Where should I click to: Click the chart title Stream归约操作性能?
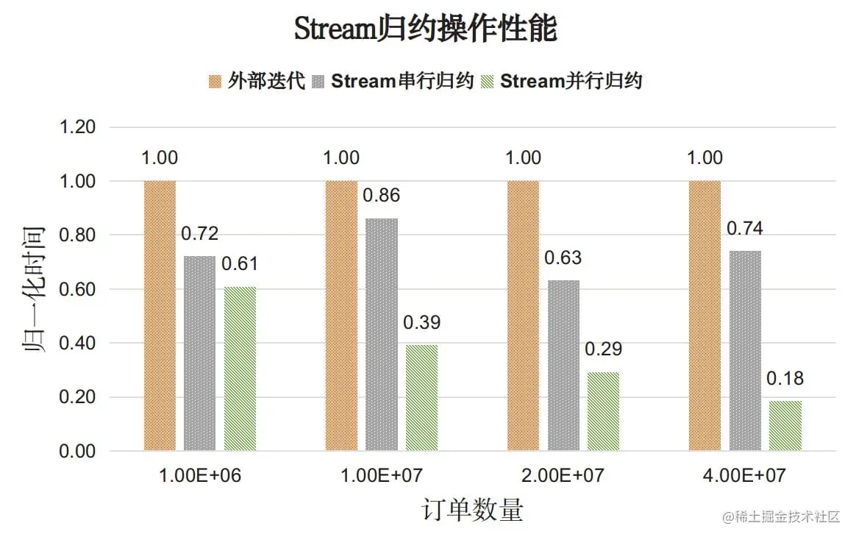[x=426, y=29]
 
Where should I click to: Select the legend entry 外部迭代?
[x=256, y=81]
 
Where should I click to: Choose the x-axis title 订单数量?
[x=473, y=510]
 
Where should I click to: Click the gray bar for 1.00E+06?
[x=200, y=353]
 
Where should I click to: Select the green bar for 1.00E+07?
[x=421, y=397]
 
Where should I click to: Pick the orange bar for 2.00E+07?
[x=524, y=316]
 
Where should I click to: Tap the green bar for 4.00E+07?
[x=785, y=425]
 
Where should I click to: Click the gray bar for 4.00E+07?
[x=746, y=350]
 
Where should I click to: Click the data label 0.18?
[x=785, y=379]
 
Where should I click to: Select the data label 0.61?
[x=240, y=263]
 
